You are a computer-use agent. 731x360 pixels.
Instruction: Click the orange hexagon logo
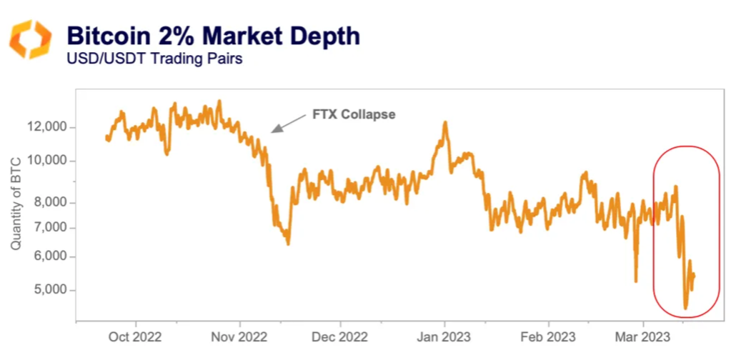29,39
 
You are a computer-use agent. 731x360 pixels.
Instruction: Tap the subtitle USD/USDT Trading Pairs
154,59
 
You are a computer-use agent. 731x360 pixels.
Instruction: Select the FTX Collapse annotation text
354,114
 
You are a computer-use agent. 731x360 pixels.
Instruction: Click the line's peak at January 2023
445,123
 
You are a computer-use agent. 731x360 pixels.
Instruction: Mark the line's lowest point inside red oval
686,308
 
